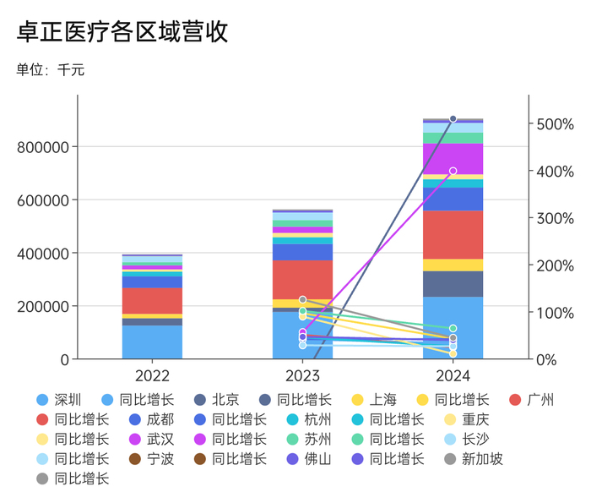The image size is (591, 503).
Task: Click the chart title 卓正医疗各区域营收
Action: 122,32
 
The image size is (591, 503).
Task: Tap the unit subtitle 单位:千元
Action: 51,70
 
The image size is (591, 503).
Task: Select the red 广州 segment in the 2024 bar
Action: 453,234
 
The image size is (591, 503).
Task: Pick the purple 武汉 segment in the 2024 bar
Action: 453,159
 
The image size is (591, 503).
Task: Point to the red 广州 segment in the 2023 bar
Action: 302,279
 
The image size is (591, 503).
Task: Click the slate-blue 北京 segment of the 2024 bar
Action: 453,284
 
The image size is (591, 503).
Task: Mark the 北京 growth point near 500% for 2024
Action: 453,119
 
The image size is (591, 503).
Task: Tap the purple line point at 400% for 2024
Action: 453,172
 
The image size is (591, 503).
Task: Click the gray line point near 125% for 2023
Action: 303,300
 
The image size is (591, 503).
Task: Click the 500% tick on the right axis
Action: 556,124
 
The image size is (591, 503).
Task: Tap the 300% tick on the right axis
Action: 556,218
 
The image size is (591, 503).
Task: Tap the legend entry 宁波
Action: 160,459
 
